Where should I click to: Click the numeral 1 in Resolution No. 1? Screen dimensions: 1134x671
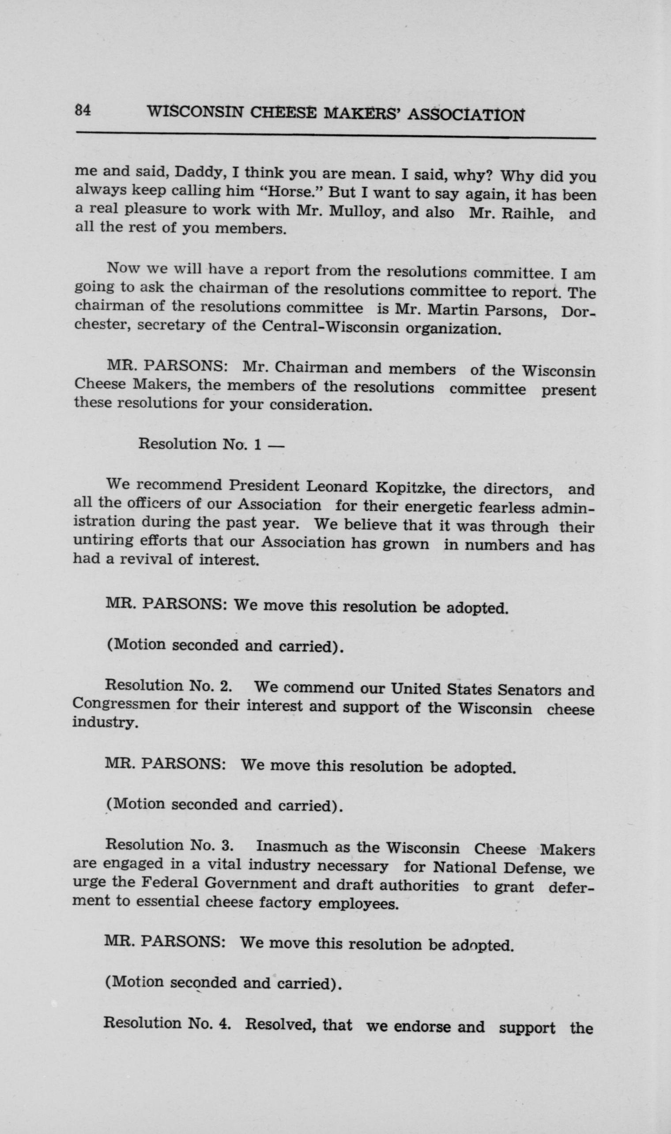click(x=257, y=445)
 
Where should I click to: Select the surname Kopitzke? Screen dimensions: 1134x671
click(x=410, y=487)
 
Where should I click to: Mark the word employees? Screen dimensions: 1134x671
click(x=358, y=904)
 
